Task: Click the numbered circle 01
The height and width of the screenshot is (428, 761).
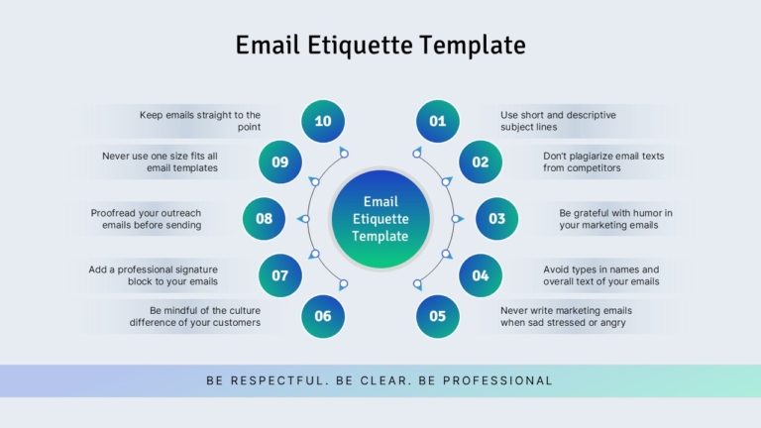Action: tap(437, 121)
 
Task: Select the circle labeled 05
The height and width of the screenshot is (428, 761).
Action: tap(437, 316)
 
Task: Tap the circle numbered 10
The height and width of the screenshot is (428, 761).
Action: tap(323, 121)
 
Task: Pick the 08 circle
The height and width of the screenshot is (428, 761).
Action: tap(264, 219)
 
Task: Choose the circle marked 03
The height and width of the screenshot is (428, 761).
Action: tap(497, 219)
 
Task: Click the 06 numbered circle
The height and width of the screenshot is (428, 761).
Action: tap(323, 316)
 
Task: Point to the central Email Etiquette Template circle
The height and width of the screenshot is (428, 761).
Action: tap(380, 219)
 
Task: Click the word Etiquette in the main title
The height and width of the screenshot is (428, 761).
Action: tap(360, 46)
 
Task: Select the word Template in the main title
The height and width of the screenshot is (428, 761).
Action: tap(473, 46)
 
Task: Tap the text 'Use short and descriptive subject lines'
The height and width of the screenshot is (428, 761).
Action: tap(558, 121)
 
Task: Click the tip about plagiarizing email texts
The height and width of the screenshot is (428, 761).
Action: tap(603, 162)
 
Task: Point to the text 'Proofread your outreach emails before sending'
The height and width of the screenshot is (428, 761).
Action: tap(146, 219)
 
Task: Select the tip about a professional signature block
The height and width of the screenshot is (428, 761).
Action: tap(153, 275)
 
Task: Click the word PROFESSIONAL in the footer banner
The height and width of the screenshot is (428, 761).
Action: tap(498, 380)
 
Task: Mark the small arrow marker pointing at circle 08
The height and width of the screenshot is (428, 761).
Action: tap(303, 219)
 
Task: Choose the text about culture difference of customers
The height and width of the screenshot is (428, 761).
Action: tap(194, 316)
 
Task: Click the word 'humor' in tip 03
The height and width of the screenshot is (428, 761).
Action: tap(632, 213)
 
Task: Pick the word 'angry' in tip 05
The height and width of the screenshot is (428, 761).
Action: tap(613, 323)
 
